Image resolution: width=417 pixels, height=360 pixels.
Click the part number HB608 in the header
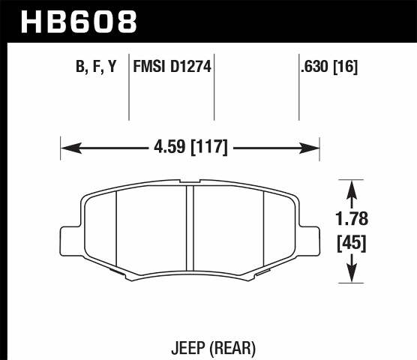79,20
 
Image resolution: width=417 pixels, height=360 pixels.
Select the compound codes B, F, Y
97,67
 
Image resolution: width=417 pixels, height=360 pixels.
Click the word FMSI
148,67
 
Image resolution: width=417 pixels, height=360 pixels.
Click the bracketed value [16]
346,67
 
